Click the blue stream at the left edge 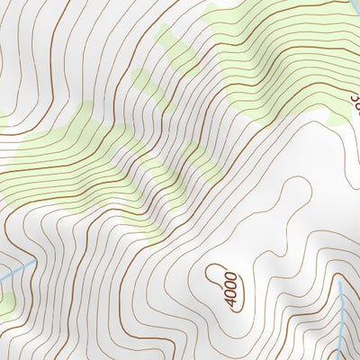tap(16, 270)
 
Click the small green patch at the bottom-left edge tap(4, 306)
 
